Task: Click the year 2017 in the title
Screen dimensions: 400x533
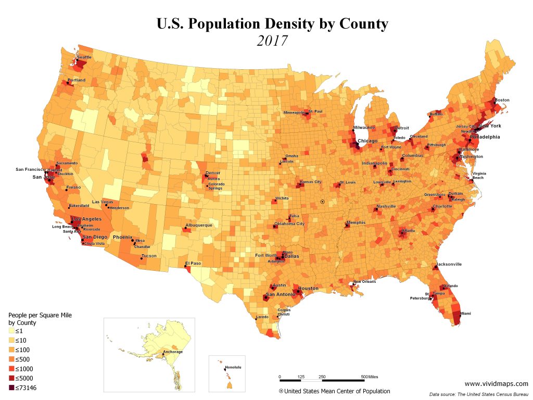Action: coord(272,41)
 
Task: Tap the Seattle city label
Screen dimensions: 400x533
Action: coord(84,57)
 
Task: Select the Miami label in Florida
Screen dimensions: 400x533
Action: coord(465,314)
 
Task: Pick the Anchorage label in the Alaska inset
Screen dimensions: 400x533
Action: coord(173,352)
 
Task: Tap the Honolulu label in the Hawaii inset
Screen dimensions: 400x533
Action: coord(234,367)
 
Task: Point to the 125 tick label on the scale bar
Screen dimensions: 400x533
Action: coord(301,377)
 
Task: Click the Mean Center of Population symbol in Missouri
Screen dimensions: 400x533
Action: coord(323,201)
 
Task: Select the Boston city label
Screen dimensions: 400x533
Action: coord(502,99)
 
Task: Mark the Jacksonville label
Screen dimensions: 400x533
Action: coord(449,264)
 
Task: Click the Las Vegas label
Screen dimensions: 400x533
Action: coord(103,202)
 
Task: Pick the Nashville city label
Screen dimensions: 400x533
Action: coord(386,206)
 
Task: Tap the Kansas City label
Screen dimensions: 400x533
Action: coord(311,182)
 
